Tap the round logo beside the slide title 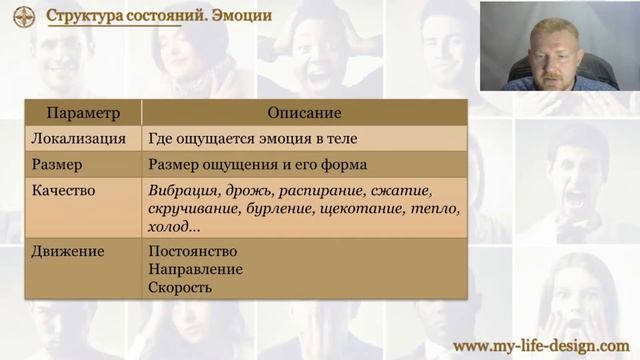24,16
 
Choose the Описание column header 304,113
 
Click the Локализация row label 79,139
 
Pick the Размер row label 57,164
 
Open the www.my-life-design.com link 540,345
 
